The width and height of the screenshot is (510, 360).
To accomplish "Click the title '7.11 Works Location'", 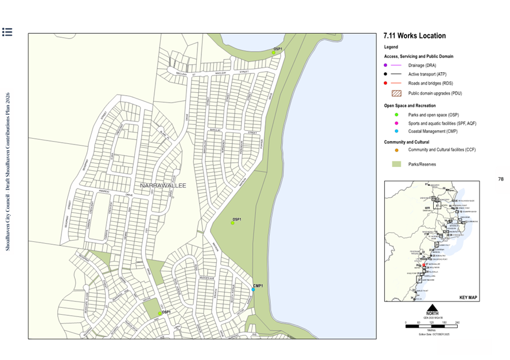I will (414, 36).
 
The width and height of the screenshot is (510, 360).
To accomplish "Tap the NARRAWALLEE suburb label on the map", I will (163, 186).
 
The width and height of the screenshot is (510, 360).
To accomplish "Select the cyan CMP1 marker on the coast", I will (253, 289).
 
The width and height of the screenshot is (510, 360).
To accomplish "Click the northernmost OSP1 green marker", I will (274, 53).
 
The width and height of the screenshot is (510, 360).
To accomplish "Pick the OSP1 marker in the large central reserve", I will (232, 223).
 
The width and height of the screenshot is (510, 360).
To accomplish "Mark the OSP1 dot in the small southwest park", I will (159, 314).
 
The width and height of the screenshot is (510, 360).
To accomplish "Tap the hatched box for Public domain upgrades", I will (396, 93).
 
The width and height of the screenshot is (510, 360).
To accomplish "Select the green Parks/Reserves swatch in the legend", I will (396, 164).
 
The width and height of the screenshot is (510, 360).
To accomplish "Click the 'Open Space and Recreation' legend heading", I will (410, 106).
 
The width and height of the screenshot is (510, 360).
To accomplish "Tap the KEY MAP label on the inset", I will (468, 298).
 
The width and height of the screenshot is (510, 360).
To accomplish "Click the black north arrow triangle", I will (432, 307).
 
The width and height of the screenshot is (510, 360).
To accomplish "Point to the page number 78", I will (500, 179).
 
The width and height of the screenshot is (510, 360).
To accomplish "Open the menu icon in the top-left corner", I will (7, 32).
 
